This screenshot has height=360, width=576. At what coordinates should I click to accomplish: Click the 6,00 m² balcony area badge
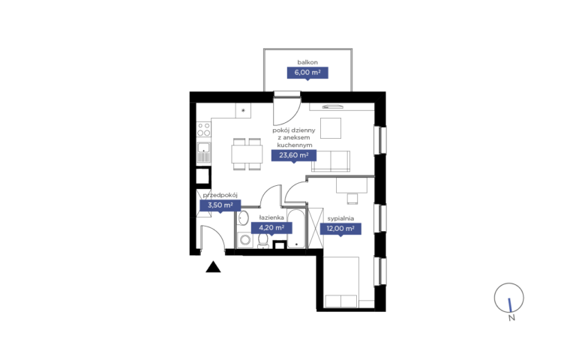pos(307,73)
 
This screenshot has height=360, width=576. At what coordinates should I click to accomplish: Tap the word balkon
pos(307,62)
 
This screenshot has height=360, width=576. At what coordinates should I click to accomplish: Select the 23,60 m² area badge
pos(294,155)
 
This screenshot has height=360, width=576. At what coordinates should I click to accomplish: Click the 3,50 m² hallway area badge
pos(220,205)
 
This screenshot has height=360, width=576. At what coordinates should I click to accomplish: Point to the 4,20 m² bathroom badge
pos(271,228)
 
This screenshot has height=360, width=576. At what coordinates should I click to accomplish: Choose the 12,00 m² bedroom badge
pos(340,229)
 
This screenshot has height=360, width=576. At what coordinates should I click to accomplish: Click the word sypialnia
pos(340,218)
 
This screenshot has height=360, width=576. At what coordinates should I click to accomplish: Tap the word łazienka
pos(271,217)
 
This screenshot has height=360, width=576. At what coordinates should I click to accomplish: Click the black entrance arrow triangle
pos(213,267)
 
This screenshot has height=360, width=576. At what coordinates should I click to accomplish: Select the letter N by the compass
pos(511,318)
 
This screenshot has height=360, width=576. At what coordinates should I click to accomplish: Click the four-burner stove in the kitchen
pos(204,129)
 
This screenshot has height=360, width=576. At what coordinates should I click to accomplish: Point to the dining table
pos(247,154)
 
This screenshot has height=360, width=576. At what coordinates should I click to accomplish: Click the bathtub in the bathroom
pos(296,229)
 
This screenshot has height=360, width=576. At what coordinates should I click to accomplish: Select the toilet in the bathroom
pos(262,241)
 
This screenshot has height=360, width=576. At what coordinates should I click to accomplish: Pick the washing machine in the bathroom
pos(244,241)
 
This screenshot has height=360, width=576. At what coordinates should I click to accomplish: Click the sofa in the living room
pos(331,161)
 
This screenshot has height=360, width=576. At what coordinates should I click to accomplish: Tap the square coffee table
pos(331,128)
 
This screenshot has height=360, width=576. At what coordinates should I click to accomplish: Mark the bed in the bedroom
pos(341,282)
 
